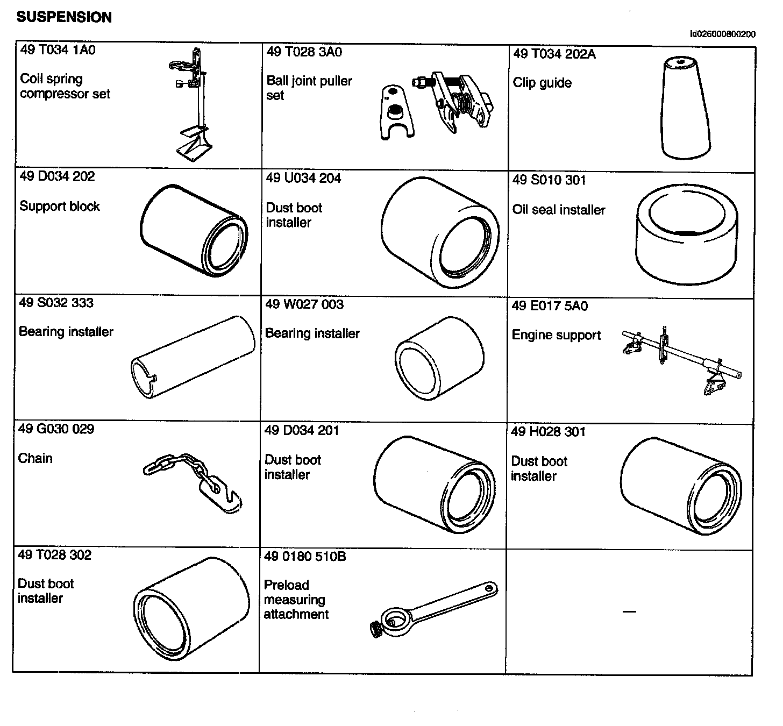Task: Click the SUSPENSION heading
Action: (64, 17)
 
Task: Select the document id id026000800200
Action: (723, 34)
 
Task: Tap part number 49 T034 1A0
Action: (58, 50)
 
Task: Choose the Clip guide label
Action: (542, 83)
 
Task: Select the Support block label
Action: (60, 207)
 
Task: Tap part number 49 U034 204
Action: (304, 179)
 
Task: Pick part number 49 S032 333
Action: (56, 303)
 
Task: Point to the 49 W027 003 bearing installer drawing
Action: (439, 358)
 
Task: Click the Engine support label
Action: (556, 335)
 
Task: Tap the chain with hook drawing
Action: (194, 479)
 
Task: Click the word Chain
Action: (35, 458)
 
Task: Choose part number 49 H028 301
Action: (548, 432)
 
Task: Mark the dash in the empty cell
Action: (629, 611)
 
